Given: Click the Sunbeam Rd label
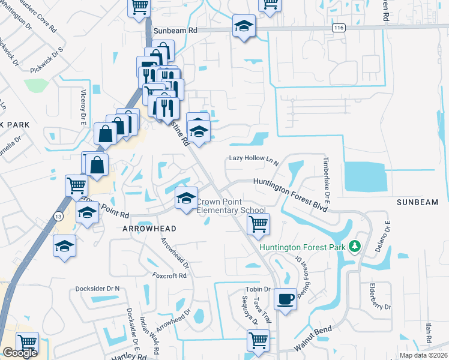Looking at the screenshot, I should click(x=175, y=29).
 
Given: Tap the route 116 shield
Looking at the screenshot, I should click(x=340, y=28).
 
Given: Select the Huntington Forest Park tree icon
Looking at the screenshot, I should click(x=355, y=246).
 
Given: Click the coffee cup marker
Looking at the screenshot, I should click(x=285, y=298).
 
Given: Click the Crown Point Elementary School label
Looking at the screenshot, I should click(x=231, y=206).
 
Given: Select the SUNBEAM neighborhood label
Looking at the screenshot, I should click(x=422, y=203).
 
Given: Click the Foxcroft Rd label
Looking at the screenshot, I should click(x=170, y=276).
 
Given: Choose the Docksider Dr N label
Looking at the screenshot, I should click(x=97, y=289).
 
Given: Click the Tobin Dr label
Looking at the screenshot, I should click(x=259, y=289).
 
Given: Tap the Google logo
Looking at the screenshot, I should click(x=20, y=353).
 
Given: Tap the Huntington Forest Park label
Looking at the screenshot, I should click(x=303, y=247).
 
